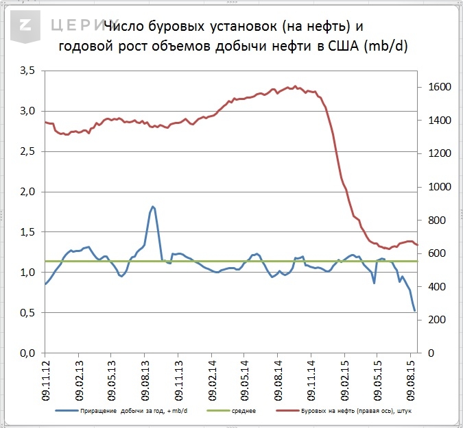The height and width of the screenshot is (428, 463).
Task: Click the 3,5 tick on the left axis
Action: [27, 71]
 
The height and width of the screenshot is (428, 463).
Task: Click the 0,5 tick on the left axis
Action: [27, 313]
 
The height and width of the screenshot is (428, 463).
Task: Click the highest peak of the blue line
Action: [153, 206]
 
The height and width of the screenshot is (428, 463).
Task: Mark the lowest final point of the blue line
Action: [415, 311]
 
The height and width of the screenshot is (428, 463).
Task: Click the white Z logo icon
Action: [26, 26]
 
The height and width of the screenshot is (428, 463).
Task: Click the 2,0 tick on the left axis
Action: [27, 192]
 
